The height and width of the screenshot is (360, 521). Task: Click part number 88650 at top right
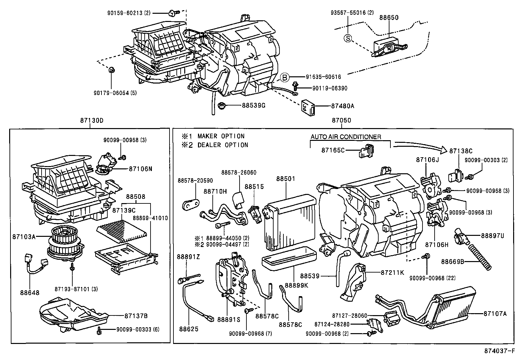pos(389,17)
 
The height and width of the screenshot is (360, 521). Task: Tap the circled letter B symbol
pos(285,77)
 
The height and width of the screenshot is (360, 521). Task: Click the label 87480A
pos(343,106)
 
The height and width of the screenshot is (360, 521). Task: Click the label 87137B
pos(136,316)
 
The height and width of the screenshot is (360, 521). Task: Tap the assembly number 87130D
pos(92,120)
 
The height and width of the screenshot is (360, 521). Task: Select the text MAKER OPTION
pos(221,136)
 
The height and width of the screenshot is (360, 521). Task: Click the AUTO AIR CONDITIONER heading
pos(346,137)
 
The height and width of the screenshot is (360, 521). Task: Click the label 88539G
pos(254,105)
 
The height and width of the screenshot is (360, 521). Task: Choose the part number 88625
pos(189,329)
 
